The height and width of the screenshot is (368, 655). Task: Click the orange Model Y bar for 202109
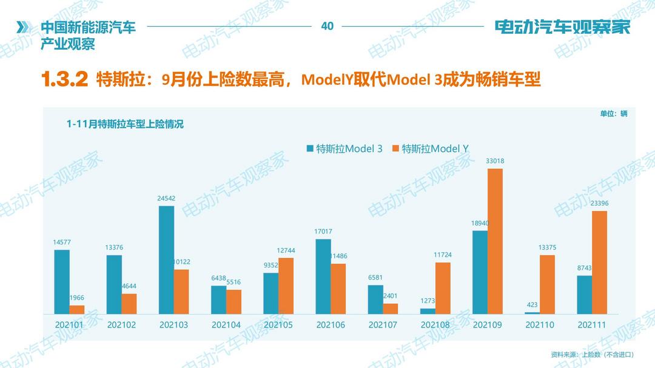pos(495,241)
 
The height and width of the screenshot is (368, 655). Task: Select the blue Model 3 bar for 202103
pos(166,260)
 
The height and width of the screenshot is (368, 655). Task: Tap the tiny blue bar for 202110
pos(532,312)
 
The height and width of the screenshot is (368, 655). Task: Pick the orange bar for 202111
pos(599,262)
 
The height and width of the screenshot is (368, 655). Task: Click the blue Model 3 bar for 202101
pos(62,281)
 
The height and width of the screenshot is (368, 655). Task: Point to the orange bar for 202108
pos(443,287)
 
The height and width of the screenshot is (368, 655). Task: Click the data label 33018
pos(495,161)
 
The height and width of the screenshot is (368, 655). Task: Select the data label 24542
pos(166,199)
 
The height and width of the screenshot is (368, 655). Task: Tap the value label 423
pos(532,305)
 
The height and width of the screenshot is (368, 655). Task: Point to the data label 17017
pos(323,231)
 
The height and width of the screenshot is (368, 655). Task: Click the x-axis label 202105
pos(278,325)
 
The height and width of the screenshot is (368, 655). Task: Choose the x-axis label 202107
pos(383,325)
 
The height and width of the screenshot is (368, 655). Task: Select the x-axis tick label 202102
pos(122,325)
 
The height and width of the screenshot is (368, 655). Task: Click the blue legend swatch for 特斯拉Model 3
pos(310,148)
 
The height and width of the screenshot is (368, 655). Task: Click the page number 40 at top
pos(327,26)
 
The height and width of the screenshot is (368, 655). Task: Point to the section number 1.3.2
pos(65,79)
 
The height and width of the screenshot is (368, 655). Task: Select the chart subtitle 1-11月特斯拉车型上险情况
pos(125,125)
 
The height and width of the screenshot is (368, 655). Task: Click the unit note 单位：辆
pos(614,114)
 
